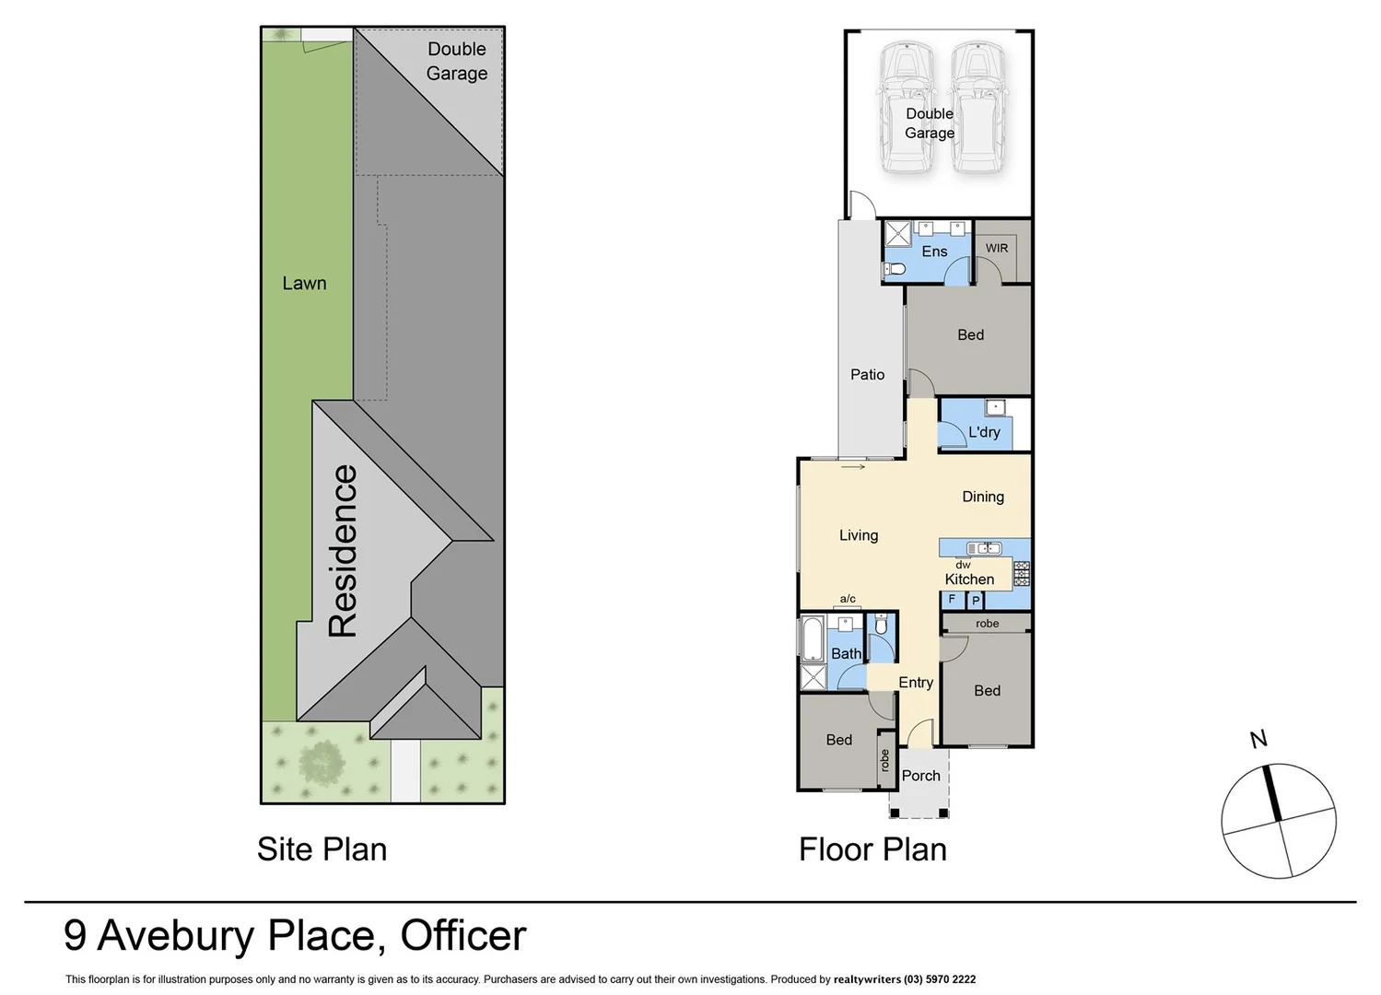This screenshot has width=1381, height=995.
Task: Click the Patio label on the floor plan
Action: [867, 374]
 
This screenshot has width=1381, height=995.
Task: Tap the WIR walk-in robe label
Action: [997, 248]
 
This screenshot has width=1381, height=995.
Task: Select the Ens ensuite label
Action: [934, 252]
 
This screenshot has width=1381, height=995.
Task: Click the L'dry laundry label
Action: [984, 432]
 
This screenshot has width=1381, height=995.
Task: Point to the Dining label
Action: [983, 497]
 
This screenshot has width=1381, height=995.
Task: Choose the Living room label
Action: [859, 535]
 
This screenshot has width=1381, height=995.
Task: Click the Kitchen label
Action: [969, 579]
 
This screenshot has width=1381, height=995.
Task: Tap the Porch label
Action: [920, 776]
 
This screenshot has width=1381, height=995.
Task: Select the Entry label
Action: [916, 683]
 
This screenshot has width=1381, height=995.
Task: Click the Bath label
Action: [846, 654]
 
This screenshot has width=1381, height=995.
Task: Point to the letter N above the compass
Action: [1258, 739]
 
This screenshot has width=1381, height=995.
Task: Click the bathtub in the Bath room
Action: [812, 639]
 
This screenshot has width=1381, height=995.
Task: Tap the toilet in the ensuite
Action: [895, 269]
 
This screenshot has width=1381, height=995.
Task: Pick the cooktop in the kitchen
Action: [1021, 574]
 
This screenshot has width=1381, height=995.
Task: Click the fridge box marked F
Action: [952, 600]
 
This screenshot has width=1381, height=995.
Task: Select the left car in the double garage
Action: [907, 107]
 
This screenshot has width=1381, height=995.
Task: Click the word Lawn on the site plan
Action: [304, 284]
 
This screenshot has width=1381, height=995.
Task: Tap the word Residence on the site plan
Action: [343, 551]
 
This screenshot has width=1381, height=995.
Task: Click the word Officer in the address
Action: [462, 936]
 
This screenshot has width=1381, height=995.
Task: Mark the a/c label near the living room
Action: [848, 599]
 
